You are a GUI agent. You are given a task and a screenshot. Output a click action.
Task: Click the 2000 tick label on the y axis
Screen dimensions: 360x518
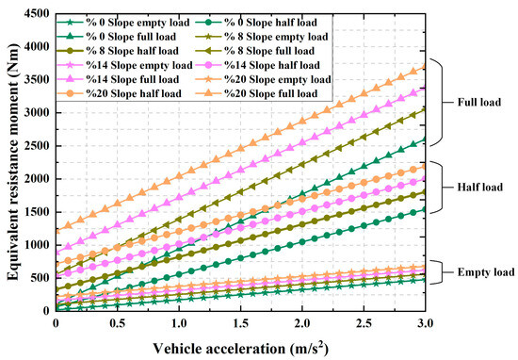35,179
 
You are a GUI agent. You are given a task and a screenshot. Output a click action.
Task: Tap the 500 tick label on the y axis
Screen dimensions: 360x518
38,278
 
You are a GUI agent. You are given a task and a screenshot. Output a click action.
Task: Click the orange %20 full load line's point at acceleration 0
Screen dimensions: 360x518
57,231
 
